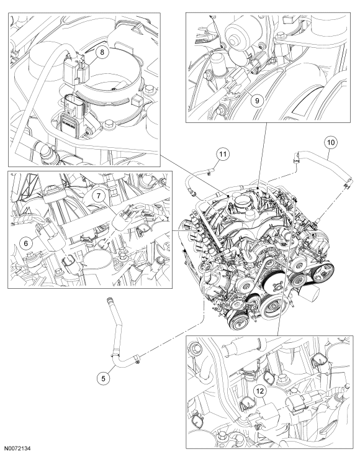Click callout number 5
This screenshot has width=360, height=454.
[104, 378]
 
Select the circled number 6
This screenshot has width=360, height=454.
[26, 243]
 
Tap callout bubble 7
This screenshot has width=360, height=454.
[99, 196]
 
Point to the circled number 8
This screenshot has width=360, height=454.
[102, 53]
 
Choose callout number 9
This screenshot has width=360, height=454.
[257, 101]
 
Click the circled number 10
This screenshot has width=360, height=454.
[331, 142]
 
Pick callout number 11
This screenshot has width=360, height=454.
[223, 154]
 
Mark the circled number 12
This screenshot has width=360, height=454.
[259, 391]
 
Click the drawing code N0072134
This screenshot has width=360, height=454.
[19, 448]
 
